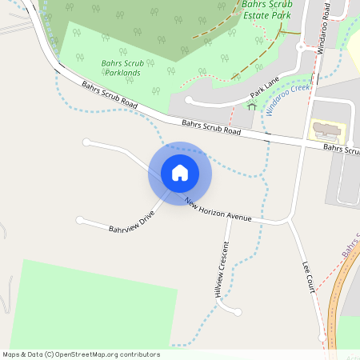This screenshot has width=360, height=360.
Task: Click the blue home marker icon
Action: pyautogui.click(x=180, y=173)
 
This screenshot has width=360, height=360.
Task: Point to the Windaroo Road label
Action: pyautogui.click(x=322, y=27)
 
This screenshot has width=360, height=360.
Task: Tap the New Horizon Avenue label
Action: pyautogui.click(x=218, y=210)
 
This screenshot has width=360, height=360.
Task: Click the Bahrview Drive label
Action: pyautogui.click(x=131, y=222)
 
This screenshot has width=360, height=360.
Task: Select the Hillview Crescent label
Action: pyautogui.click(x=222, y=270)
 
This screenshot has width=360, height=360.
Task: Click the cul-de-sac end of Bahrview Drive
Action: pyautogui.click(x=79, y=219)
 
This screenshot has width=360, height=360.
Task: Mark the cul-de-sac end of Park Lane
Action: pyautogui.click(x=190, y=101)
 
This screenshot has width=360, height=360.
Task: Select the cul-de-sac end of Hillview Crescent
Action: pyautogui.click(x=238, y=310)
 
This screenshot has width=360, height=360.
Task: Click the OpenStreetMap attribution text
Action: pyautogui.click(x=82, y=354)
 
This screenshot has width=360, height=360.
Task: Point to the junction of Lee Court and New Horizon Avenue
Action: pyautogui.click(x=287, y=218)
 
